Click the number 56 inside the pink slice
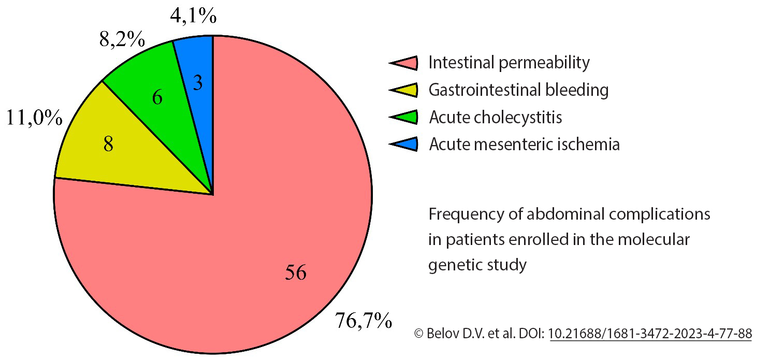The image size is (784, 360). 295,272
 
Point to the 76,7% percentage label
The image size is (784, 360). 363,321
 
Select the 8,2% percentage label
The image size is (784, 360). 122,39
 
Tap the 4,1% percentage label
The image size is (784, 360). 193,16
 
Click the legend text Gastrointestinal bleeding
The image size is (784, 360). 518,90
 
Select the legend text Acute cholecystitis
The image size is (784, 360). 496,118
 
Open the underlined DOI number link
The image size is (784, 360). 650,334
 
